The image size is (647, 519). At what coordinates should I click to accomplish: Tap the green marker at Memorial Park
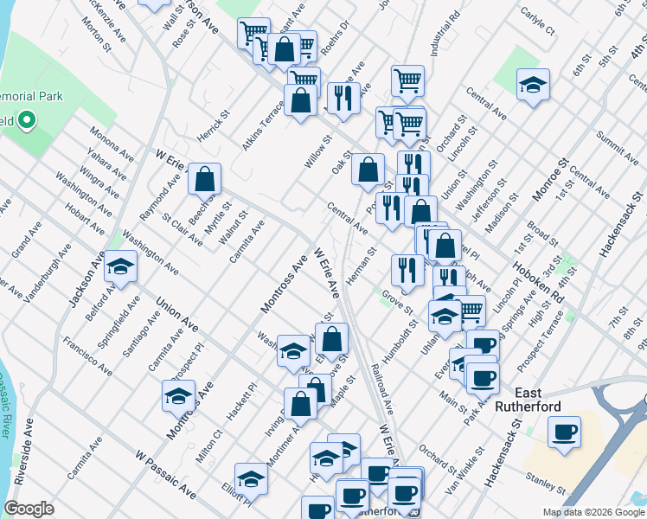coord(26,120)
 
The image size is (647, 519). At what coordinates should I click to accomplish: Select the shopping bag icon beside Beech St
coord(204,180)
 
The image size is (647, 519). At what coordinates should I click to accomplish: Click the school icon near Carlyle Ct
coord(533,86)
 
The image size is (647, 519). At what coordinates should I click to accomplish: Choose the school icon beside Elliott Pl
coord(251,479)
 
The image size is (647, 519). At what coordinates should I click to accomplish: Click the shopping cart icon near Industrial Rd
coord(407,81)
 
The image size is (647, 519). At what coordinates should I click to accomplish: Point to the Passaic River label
coord(7,406)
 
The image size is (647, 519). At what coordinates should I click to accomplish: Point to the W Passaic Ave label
coord(165,472)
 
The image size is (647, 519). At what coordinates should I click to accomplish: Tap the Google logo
coord(29,509)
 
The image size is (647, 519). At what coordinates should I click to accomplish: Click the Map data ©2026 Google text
coord(593,512)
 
